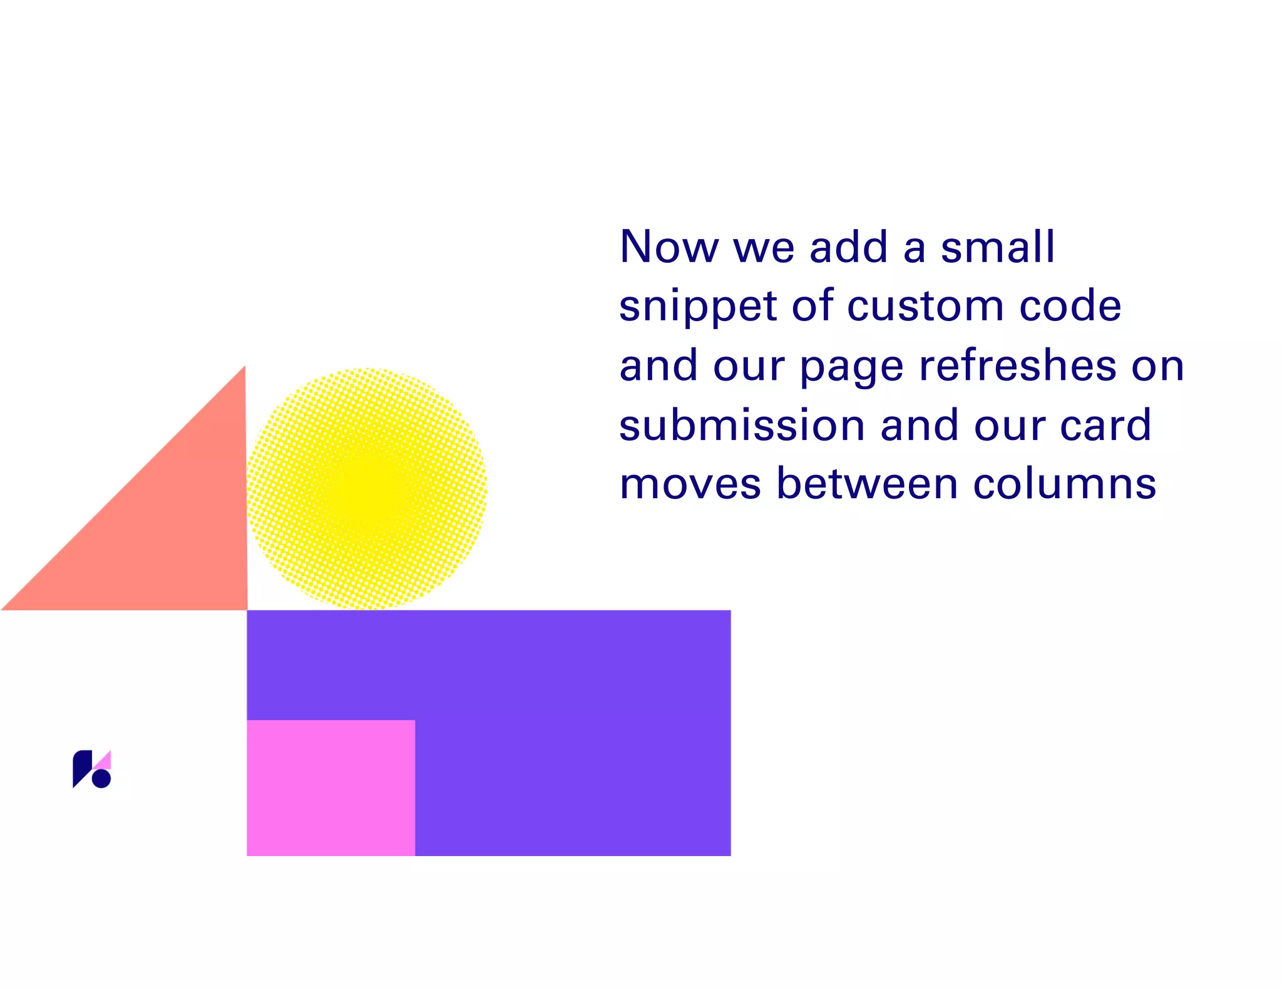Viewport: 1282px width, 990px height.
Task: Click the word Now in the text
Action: tap(668, 247)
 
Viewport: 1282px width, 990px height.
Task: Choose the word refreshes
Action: tap(1017, 365)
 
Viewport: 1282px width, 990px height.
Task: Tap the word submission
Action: tap(742, 425)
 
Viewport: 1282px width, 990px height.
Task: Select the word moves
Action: tap(690, 484)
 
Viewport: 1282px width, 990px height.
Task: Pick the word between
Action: tap(866, 484)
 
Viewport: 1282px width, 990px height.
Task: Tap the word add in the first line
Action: tap(848, 247)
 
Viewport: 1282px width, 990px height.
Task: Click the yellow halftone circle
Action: tap(367, 488)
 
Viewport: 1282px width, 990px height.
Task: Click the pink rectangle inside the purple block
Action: tap(331, 787)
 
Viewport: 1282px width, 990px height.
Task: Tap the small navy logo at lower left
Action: tap(91, 769)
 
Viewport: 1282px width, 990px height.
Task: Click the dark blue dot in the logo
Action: tap(101, 778)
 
